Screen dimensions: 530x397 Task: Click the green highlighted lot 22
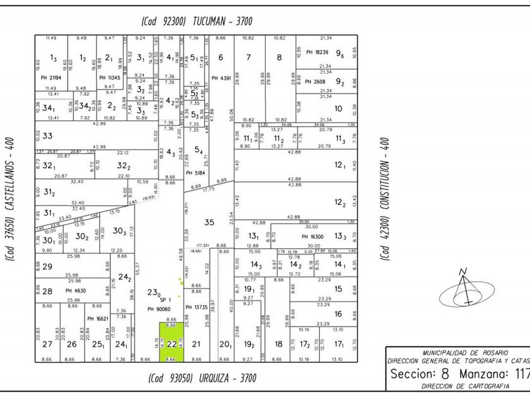[171, 343]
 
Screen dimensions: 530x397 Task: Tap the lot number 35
[209, 222]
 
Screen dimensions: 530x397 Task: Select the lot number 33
[47, 135]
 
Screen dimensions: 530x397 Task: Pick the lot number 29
[47, 267]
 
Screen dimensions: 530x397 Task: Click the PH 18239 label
[318, 52]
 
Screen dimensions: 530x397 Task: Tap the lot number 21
[196, 344]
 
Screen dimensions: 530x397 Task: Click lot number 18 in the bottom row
[278, 344]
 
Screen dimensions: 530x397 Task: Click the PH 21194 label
[52, 77]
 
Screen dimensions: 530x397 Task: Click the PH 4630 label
[76, 291]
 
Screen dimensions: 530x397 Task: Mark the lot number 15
[338, 289]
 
